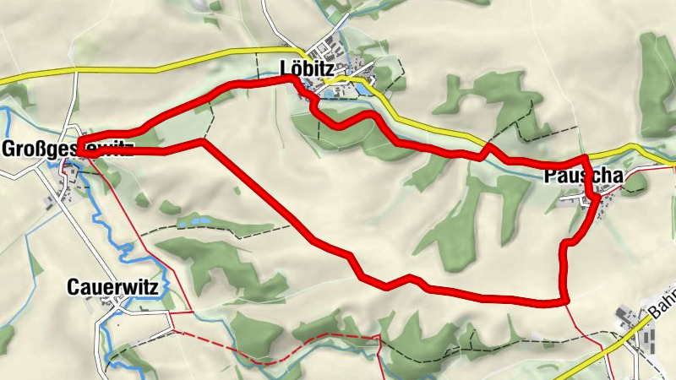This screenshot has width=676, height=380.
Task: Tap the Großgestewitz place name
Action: pyautogui.click(x=68, y=150)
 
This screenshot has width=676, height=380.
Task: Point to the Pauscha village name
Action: pyautogui.click(x=584, y=177)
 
